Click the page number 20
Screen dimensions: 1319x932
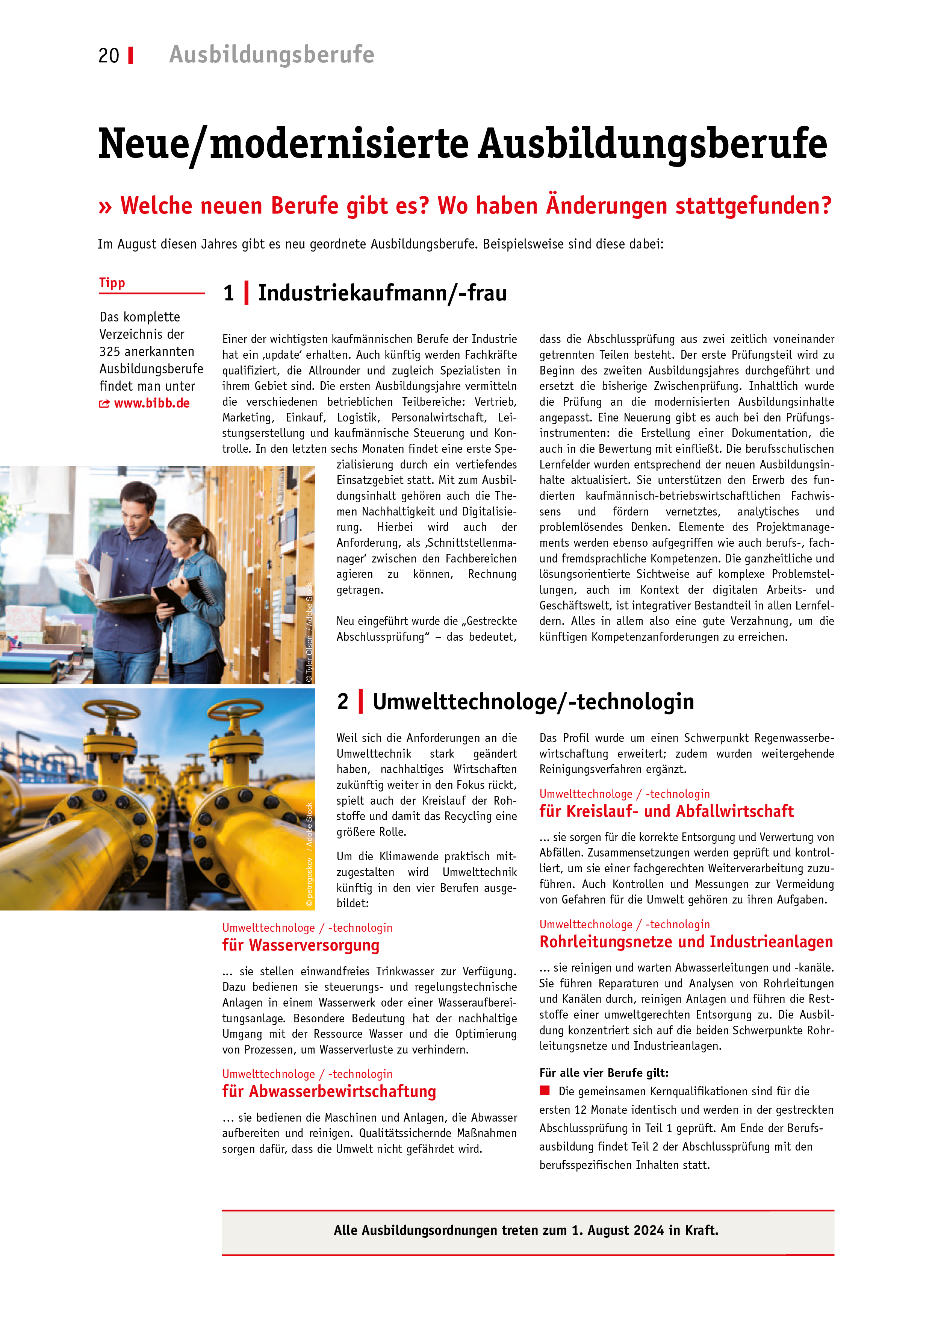coord(109,56)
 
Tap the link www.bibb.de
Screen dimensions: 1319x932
coord(151,403)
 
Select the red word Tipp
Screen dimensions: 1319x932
coord(112,283)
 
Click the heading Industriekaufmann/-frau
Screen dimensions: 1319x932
coord(383,293)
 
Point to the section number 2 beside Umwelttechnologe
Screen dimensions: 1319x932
coord(343,702)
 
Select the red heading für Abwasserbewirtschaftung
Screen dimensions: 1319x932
coord(329,1091)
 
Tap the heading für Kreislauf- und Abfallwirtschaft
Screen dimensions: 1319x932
coord(666,811)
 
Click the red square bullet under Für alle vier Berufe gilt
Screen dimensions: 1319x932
coord(545,1090)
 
